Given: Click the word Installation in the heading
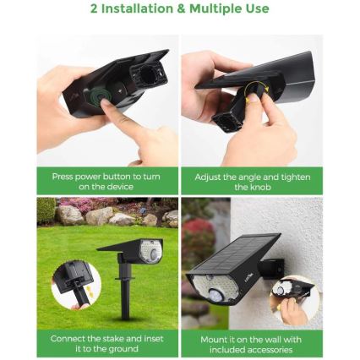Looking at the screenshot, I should coord(145,9).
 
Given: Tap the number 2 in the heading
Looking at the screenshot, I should coord(95,9).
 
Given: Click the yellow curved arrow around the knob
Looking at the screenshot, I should coord(257,90).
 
